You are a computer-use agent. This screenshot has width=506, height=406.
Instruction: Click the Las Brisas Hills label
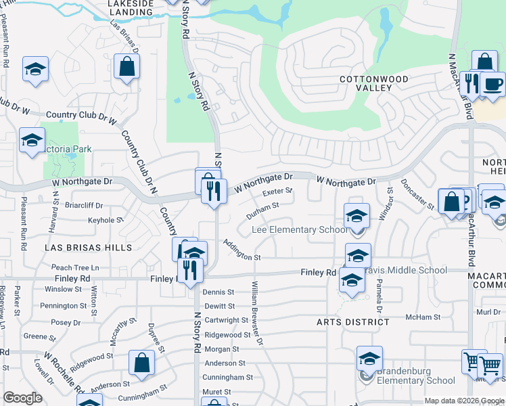point(88,248)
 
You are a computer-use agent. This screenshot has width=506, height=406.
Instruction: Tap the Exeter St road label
point(277,191)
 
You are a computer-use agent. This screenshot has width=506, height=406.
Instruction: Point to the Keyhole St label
point(106,220)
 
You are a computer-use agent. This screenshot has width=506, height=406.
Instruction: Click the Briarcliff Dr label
point(85,205)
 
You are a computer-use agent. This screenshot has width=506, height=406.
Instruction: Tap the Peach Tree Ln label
point(75,268)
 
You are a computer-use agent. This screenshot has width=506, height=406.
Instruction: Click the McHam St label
point(423,317)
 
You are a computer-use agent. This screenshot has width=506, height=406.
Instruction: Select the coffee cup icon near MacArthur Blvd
point(493,84)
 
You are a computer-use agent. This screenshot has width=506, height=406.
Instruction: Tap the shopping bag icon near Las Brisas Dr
point(127,67)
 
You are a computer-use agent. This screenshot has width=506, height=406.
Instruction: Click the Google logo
point(23,398)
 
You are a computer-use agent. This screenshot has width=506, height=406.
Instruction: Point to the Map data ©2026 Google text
point(463,401)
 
